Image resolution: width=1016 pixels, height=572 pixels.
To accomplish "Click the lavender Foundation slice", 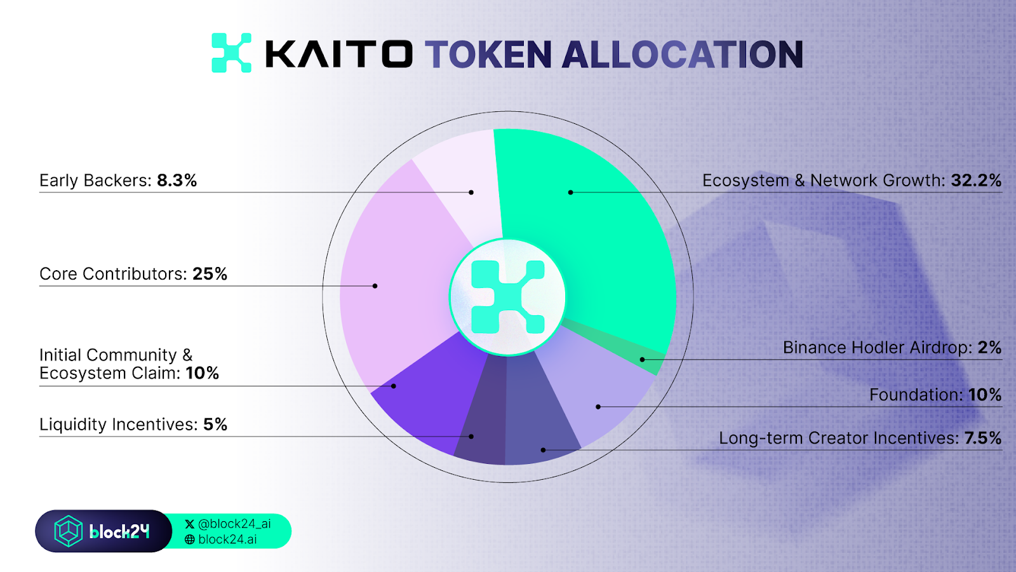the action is [599, 395].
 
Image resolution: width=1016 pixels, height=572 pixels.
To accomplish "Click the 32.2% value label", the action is [976, 180].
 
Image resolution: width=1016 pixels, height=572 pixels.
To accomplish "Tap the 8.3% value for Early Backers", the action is [177, 180].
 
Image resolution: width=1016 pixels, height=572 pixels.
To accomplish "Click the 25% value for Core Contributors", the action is [210, 274].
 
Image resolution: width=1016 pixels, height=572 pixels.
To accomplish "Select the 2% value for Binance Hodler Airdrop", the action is [989, 348].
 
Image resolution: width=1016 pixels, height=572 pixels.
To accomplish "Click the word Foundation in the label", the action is [916, 395].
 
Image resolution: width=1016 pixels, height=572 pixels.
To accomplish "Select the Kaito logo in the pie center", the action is [507, 297].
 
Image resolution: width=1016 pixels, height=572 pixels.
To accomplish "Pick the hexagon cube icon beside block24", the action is [69, 531].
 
